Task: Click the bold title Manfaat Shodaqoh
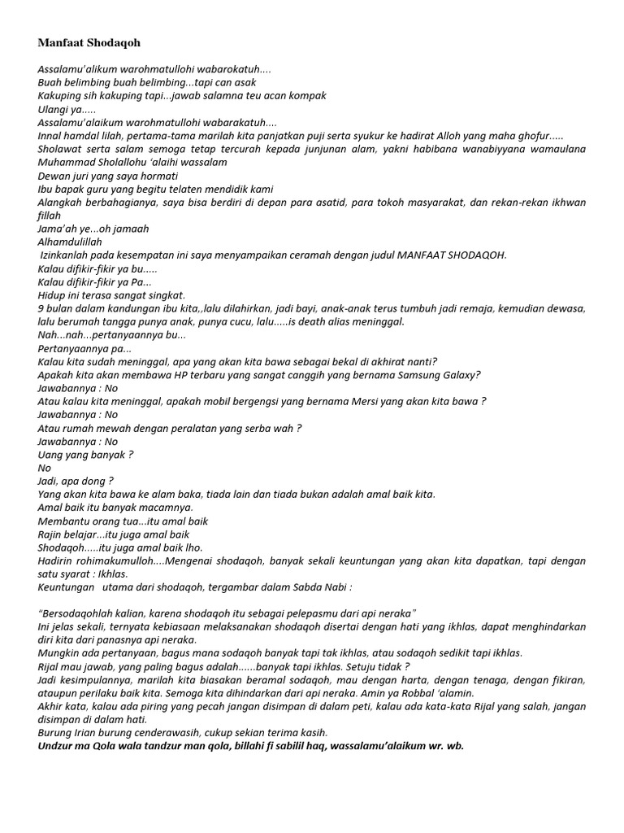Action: [83, 42]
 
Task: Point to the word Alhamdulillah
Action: [70, 242]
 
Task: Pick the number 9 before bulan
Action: [41, 308]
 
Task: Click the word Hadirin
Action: [56, 561]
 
